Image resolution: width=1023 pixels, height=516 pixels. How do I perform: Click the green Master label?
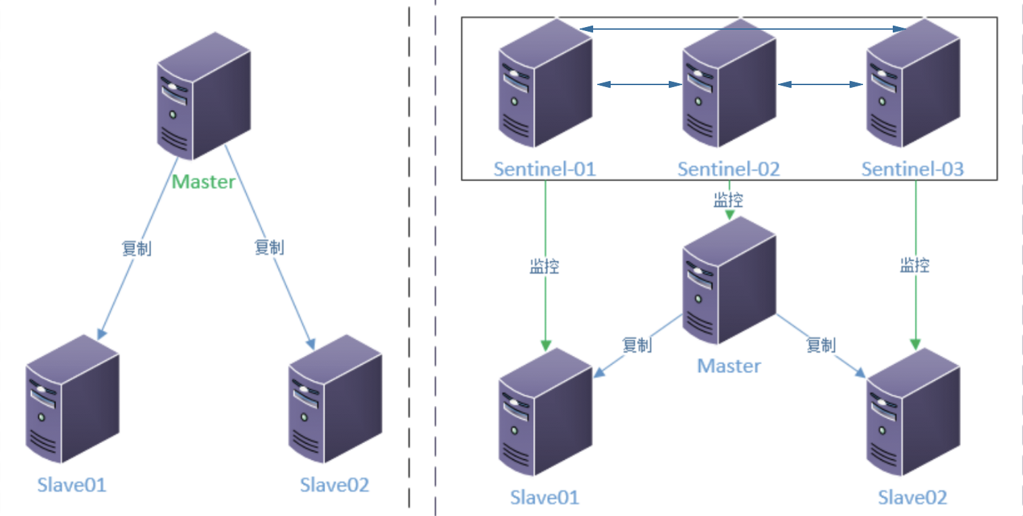pos(204,182)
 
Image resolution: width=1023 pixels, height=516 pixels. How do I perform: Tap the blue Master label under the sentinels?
pos(729,366)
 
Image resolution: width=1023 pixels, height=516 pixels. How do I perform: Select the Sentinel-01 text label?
pos(545,169)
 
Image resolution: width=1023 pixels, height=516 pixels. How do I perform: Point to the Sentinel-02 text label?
pos(729,169)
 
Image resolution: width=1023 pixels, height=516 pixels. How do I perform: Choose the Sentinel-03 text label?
pos(913,169)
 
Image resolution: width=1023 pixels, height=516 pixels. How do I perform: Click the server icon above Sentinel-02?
pos(729,84)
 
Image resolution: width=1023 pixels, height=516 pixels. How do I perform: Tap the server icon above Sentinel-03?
pos(913,84)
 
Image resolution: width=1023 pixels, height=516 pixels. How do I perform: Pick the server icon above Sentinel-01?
pos(545,84)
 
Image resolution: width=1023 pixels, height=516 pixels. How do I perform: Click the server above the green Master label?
pos(204,97)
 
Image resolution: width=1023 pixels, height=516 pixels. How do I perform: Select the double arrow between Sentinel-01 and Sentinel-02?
pos(638,84)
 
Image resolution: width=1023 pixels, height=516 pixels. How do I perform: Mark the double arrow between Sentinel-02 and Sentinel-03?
pos(821,84)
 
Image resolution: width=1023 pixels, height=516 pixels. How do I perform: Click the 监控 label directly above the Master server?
pos(729,199)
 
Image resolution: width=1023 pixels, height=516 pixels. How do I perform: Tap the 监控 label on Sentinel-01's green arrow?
pos(545,265)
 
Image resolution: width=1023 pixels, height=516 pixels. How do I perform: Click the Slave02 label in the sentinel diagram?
pos(912,498)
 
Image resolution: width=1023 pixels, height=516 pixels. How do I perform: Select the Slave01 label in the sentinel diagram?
pos(545,498)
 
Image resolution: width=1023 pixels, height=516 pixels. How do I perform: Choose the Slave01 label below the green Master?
pos(72,485)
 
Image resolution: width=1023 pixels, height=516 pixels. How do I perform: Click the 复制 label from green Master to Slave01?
pos(136,249)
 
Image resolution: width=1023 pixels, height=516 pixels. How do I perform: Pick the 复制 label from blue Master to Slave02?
pos(821,345)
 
